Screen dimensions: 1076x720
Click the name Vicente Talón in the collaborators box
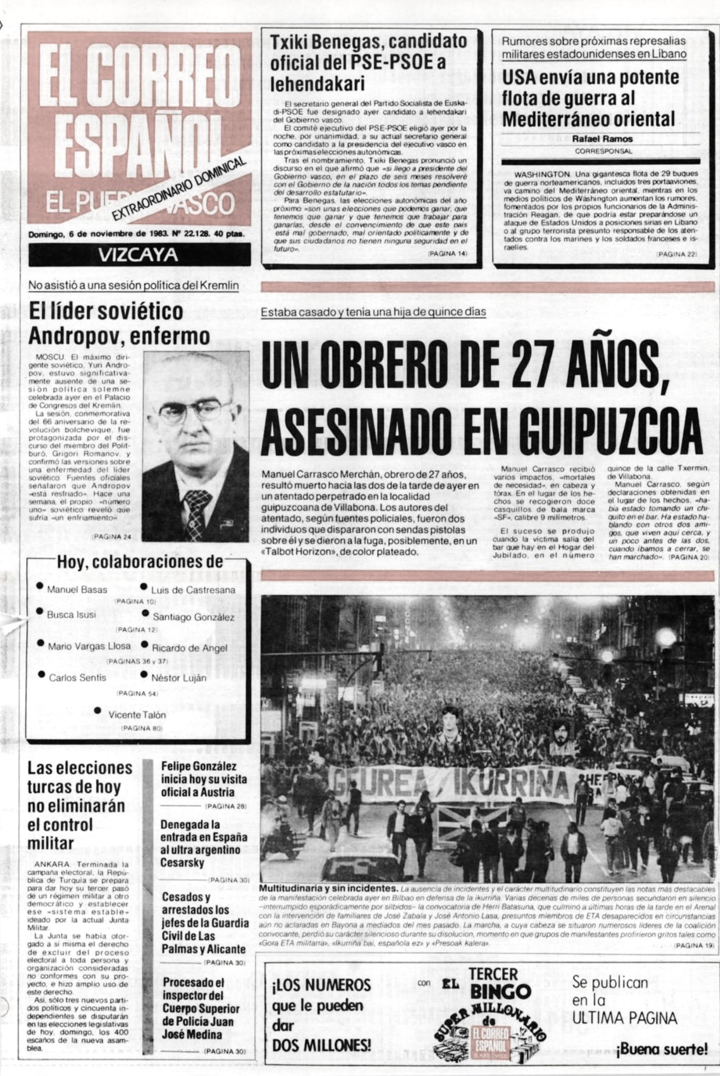pos(137,715)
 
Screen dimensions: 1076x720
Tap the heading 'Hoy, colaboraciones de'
pos(140,562)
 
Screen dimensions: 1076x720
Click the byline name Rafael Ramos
pos(603,139)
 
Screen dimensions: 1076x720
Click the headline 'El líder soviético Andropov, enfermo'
pos(119,323)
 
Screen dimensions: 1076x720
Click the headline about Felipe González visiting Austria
pos(198,779)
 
